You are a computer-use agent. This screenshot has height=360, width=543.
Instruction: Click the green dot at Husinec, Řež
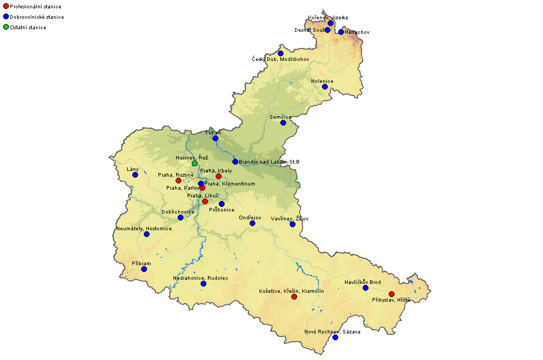coord(194,163)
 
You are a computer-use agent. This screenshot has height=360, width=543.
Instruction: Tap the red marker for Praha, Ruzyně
coord(178,180)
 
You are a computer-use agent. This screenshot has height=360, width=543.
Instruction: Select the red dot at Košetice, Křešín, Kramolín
coord(294,296)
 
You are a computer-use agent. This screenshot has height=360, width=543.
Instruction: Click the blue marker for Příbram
coord(144,269)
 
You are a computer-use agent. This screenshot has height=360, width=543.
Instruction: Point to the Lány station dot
coord(135,175)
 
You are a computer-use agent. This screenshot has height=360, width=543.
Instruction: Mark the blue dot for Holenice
coord(325,86)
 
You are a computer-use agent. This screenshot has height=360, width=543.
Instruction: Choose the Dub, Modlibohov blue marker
coord(280,53)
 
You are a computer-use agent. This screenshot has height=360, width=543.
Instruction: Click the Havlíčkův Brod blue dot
coord(365,288)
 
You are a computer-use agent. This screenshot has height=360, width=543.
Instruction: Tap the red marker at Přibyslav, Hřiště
coord(391,294)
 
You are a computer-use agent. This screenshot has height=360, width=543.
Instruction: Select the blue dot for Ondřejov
coord(252,223)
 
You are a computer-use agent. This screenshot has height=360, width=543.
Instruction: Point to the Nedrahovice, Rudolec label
coord(201,278)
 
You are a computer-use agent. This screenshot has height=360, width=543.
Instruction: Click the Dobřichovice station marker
coord(180,217)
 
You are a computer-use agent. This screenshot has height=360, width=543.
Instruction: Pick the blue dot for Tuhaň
coord(215,138)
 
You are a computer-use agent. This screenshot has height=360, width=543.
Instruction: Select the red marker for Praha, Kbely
coord(218,176)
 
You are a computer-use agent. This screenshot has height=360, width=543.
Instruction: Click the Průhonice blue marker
coord(221,204)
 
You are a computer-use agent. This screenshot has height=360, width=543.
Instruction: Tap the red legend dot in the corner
coord(6,6)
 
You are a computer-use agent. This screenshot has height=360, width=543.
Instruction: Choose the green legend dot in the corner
coord(6,27)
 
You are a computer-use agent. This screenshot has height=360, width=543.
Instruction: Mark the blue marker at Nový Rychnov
coord(335,337)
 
